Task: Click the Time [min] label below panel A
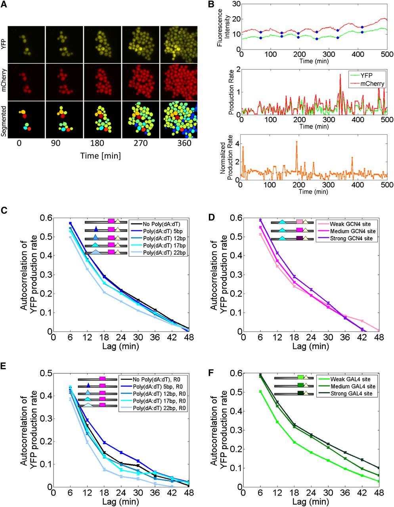101,155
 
